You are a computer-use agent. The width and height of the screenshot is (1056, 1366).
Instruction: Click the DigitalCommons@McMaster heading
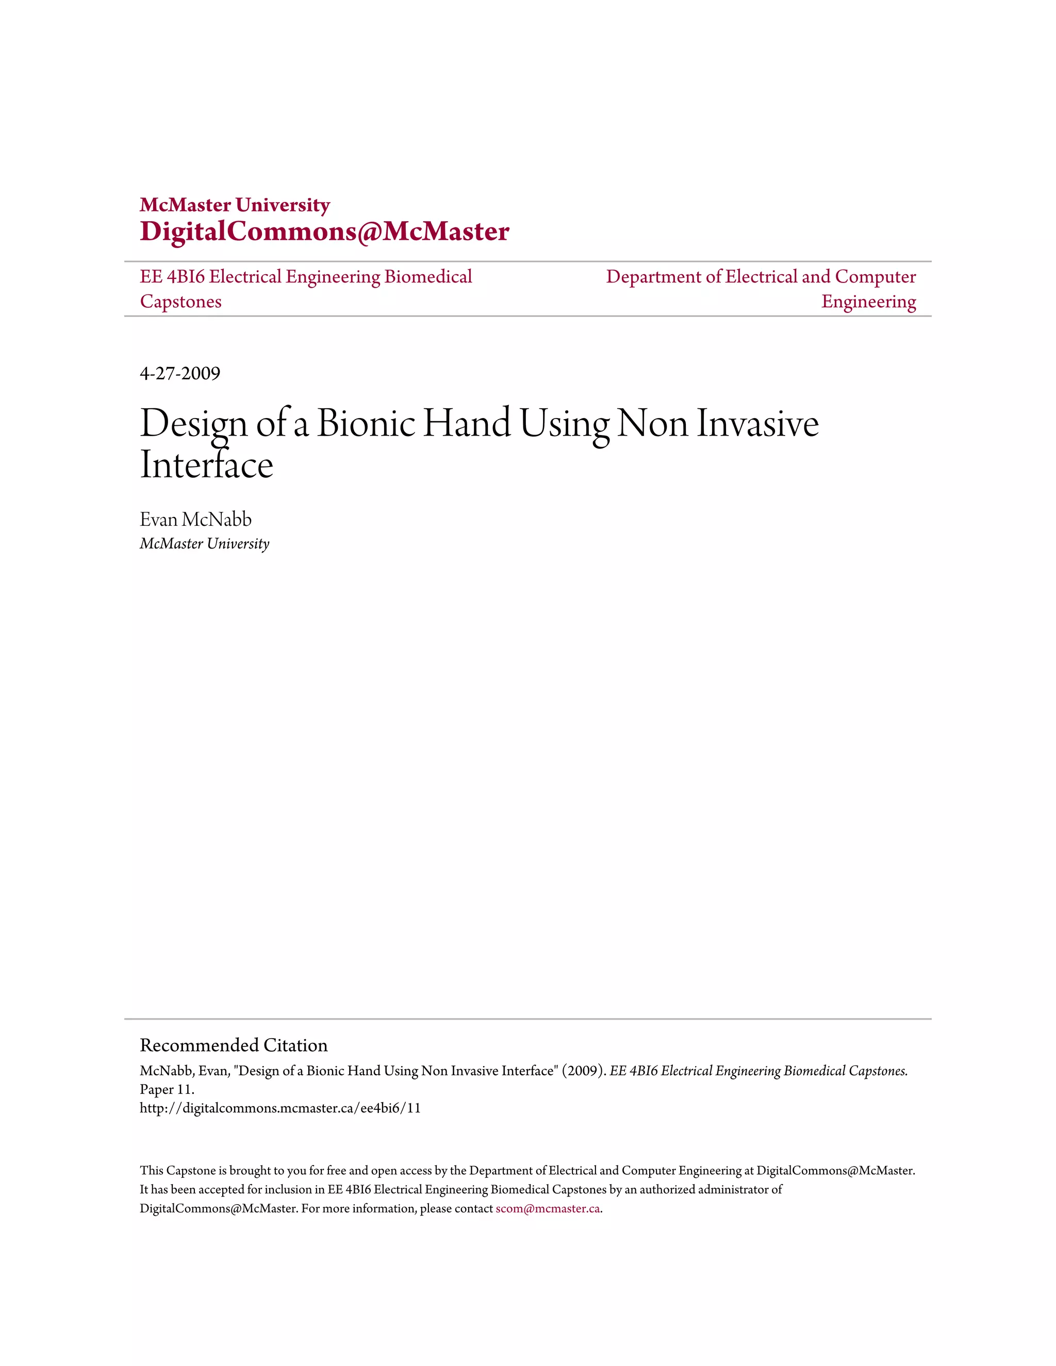[324, 231]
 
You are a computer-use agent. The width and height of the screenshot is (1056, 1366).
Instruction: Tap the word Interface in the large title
[206, 465]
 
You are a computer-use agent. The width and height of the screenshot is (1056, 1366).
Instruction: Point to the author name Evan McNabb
[195, 519]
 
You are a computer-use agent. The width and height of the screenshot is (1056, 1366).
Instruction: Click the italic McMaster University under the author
[205, 543]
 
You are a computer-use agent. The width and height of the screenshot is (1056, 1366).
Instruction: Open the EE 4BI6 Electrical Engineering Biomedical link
[306, 276]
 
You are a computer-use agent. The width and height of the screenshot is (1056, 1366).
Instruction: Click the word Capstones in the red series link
[181, 302]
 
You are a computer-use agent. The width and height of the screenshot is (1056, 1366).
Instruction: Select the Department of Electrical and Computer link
[761, 276]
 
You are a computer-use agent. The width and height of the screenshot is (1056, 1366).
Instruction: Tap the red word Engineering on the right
[868, 302]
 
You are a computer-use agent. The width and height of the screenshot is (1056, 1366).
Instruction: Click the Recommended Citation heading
[234, 1045]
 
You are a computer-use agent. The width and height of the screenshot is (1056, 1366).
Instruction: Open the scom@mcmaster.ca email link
[548, 1208]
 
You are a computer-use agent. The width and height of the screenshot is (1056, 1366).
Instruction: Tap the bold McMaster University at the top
[235, 205]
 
